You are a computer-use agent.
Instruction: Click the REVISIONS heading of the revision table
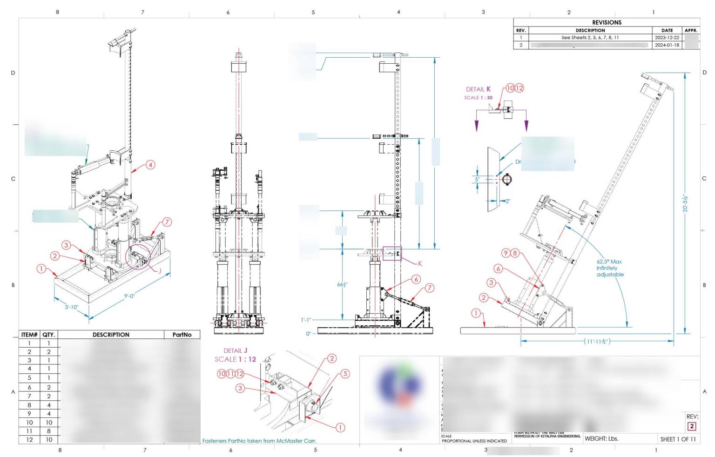pyautogui.click(x=606, y=22)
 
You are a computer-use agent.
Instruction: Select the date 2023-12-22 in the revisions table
pyautogui.click(x=667, y=38)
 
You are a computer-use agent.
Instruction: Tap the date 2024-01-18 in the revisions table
pyautogui.click(x=667, y=45)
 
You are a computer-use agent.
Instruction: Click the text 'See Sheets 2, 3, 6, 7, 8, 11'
pyautogui.click(x=590, y=38)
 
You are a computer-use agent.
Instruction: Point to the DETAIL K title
pyautogui.click(x=478, y=89)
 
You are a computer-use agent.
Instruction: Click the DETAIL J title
pyautogui.click(x=235, y=350)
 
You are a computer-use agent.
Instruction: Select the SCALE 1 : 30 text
pyautogui.click(x=478, y=98)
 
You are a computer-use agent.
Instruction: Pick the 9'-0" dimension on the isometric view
pyautogui.click(x=129, y=296)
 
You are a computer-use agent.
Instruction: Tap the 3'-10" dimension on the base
pyautogui.click(x=71, y=307)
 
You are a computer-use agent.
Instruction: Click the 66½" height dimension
pyautogui.click(x=342, y=284)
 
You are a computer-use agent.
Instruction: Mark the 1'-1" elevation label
pyautogui.click(x=305, y=320)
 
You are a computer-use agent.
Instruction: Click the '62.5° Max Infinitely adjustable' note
pyautogui.click(x=610, y=268)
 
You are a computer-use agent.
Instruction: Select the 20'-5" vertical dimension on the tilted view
pyautogui.click(x=685, y=203)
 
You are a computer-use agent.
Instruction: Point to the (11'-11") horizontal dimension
pyautogui.click(x=597, y=342)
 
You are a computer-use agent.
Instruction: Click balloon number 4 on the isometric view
pyautogui.click(x=150, y=165)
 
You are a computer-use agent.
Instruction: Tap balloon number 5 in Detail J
pyautogui.click(x=344, y=374)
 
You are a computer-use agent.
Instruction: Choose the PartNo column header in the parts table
pyautogui.click(x=182, y=335)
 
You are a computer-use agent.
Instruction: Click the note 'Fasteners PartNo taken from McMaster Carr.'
pyautogui.click(x=259, y=441)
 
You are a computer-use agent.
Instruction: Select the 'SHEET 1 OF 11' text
pyautogui.click(x=678, y=439)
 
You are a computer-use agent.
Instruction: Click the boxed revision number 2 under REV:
pyautogui.click(x=692, y=426)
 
